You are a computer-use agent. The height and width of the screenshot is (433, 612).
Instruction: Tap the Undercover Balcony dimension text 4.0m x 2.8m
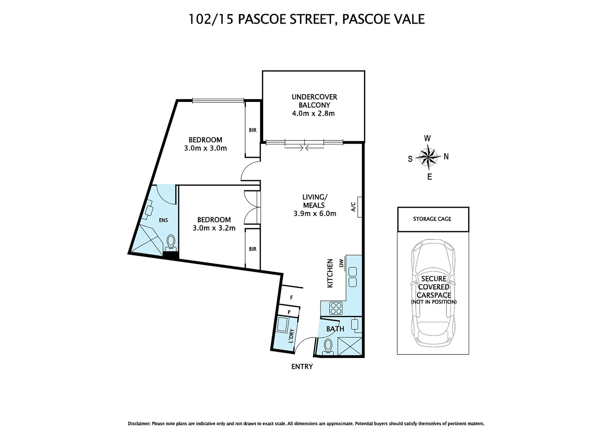click(313, 113)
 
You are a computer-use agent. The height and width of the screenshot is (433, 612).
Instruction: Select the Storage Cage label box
click(433, 219)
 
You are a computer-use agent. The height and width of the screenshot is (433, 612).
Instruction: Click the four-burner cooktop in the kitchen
click(336, 308)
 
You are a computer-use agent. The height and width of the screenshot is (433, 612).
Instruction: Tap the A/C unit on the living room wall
click(360, 207)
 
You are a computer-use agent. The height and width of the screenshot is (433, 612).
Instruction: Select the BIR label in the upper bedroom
click(252, 130)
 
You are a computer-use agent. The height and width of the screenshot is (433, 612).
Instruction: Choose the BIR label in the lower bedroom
click(252, 249)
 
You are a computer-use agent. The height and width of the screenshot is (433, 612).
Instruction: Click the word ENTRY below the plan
click(302, 366)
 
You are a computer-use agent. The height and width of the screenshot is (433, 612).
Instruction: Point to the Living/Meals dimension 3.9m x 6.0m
click(315, 214)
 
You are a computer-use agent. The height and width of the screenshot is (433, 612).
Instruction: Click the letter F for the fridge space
click(292, 297)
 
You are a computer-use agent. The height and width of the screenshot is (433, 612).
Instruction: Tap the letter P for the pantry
click(289, 312)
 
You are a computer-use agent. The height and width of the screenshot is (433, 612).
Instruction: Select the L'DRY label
click(292, 336)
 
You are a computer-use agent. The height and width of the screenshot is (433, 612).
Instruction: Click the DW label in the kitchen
click(342, 263)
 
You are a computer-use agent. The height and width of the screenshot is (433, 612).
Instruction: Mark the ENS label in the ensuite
click(163, 220)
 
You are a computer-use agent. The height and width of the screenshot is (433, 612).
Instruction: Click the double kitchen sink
click(352, 277)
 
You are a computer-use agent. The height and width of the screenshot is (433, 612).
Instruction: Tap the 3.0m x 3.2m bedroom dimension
click(214, 228)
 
